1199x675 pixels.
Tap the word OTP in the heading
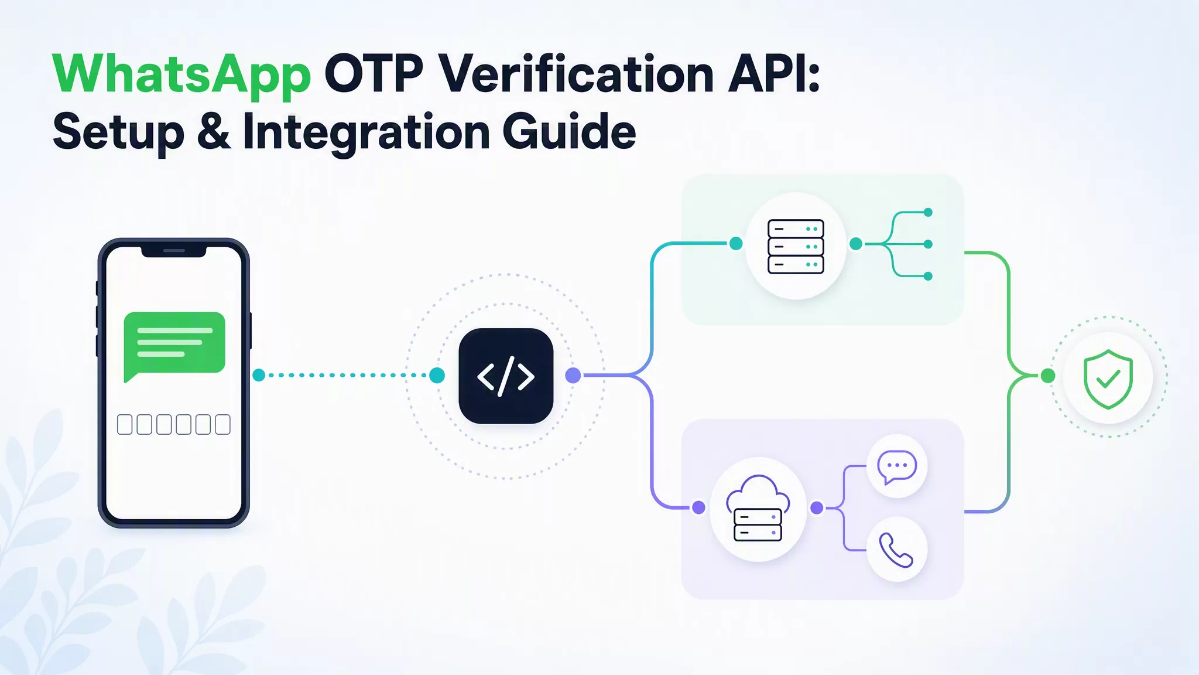pyautogui.click(x=374, y=74)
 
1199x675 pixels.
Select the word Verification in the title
pyautogui.click(x=576, y=74)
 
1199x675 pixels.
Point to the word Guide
pyautogui.click(x=569, y=132)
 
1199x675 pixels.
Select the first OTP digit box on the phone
pyautogui.click(x=125, y=424)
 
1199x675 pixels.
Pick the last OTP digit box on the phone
pyautogui.click(x=222, y=424)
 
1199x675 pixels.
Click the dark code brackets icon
pyautogui.click(x=506, y=376)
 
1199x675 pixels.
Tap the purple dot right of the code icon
pyautogui.click(x=573, y=376)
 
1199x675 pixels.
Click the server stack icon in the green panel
pyautogui.click(x=796, y=246)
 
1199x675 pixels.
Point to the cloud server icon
pyautogui.click(x=758, y=508)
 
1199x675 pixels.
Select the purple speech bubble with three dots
pyautogui.click(x=897, y=467)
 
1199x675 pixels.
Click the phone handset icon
pyautogui.click(x=896, y=550)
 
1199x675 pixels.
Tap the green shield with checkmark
pyautogui.click(x=1108, y=379)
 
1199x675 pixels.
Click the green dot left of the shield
pyautogui.click(x=1048, y=376)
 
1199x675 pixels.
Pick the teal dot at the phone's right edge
pyautogui.click(x=259, y=375)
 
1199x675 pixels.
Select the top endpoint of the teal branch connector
pyautogui.click(x=928, y=212)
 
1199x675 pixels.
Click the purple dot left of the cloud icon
pyautogui.click(x=698, y=507)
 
